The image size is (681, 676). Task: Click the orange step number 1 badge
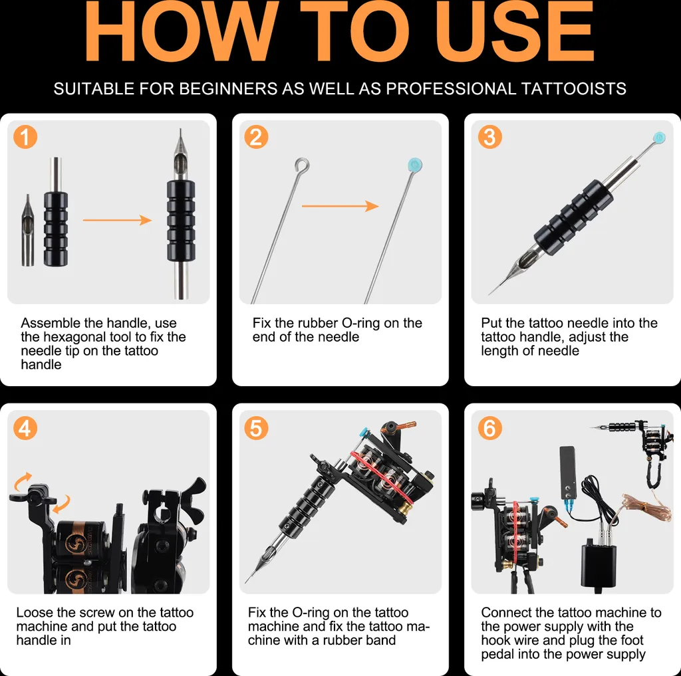(25, 137)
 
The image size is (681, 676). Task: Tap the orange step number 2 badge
(256, 137)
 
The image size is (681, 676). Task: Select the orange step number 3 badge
(490, 137)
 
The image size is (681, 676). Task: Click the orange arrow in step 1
(117, 220)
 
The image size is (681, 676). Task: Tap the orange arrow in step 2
(340, 206)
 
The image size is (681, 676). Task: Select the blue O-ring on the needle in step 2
(415, 165)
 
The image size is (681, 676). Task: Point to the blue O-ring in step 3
(659, 138)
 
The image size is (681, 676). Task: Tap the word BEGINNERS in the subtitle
(227, 88)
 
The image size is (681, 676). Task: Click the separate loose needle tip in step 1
(28, 230)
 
